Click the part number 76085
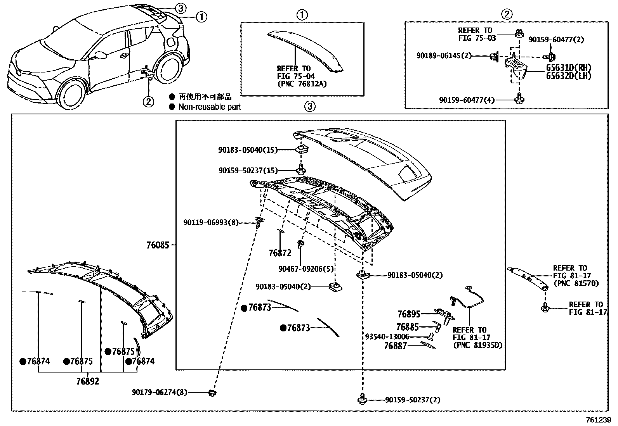pyautogui.click(x=158, y=245)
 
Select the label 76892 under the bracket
pyautogui.click(x=87, y=381)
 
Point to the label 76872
pyautogui.click(x=280, y=253)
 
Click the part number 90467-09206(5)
pyautogui.click(x=306, y=269)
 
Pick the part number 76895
pyautogui.click(x=409, y=314)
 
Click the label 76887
pyautogui.click(x=396, y=346)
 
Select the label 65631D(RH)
pyautogui.click(x=569, y=68)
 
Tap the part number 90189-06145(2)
pyautogui.click(x=444, y=56)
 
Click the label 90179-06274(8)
pyautogui.click(x=159, y=392)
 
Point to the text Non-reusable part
pyautogui.click(x=210, y=107)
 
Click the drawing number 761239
pyautogui.click(x=598, y=420)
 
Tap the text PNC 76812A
pyautogui.click(x=302, y=83)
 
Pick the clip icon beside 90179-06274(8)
pyautogui.click(x=212, y=393)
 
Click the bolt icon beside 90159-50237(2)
pyautogui.click(x=362, y=399)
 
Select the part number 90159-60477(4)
pyautogui.click(x=467, y=100)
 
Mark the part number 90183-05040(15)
pyautogui.click(x=248, y=150)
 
